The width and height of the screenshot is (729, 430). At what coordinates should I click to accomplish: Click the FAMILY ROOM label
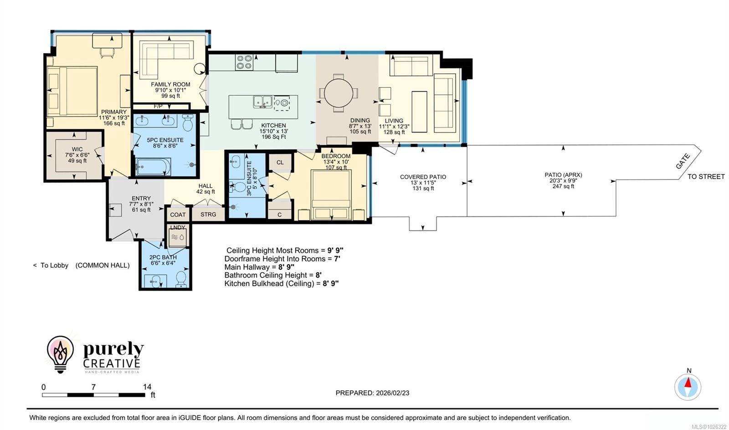coord(170,84)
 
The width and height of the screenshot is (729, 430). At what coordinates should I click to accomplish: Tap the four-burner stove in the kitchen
coord(244,62)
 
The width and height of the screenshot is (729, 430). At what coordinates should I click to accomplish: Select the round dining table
coord(338,93)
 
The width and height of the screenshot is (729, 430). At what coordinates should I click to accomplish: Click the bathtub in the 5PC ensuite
coord(153,166)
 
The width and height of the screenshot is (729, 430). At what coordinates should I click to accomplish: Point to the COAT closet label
coord(178,215)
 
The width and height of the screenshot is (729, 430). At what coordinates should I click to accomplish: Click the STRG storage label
coord(208,214)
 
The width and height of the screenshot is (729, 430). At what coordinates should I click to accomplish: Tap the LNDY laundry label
coord(178,227)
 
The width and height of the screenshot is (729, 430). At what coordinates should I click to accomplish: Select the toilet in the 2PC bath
coord(181,279)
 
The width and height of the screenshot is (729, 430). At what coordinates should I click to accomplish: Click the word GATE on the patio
coord(683,162)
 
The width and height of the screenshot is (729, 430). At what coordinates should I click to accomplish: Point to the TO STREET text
coord(706,177)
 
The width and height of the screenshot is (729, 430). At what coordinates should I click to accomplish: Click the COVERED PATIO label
coord(423,177)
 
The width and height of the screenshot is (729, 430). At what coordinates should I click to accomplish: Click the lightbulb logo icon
coord(60,354)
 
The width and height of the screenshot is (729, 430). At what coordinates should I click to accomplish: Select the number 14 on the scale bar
coord(147,387)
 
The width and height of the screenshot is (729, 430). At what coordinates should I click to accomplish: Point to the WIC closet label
coord(77,149)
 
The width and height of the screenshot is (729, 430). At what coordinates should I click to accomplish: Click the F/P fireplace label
coord(158,106)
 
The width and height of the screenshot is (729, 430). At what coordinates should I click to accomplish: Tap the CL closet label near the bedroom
coord(280,162)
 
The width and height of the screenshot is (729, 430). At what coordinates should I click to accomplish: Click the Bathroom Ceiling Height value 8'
coord(318,275)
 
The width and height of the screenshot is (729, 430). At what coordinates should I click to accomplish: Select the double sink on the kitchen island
coord(263,102)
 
